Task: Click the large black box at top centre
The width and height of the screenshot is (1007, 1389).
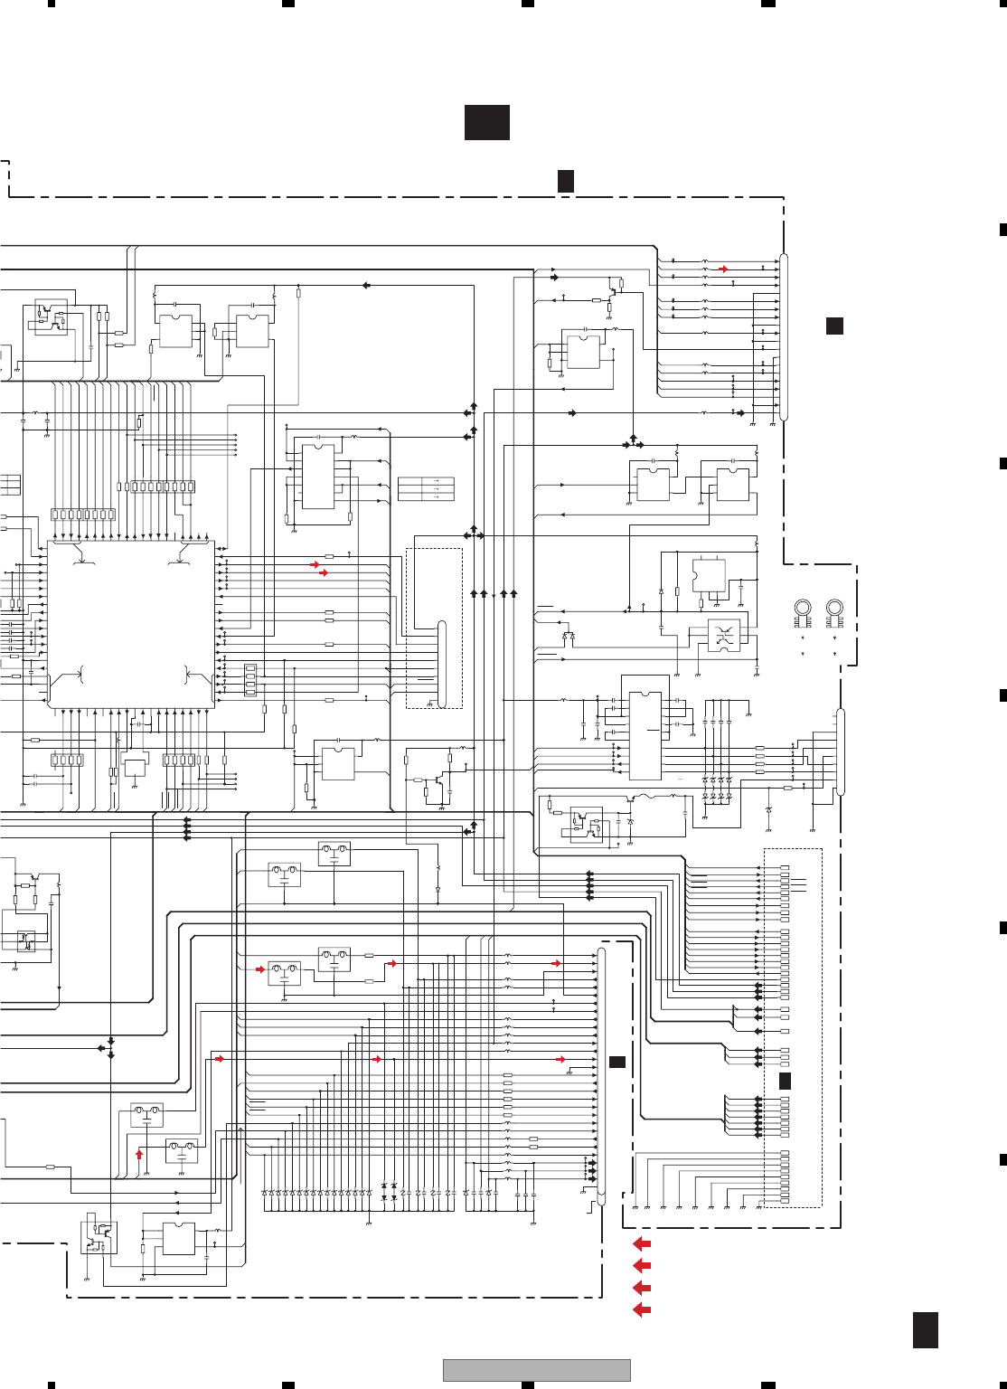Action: point(487,122)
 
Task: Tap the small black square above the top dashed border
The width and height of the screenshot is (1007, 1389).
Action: point(566,181)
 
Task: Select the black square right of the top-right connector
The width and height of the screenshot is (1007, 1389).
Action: point(834,326)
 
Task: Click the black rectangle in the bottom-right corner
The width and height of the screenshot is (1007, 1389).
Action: point(925,1330)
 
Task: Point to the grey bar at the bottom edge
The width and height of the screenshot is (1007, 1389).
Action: point(536,1370)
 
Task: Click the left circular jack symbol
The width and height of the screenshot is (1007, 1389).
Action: point(802,609)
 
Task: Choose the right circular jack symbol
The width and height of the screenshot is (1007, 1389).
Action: point(834,609)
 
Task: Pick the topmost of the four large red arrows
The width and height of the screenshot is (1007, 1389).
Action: point(642,1244)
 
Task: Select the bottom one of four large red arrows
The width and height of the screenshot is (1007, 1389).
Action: point(642,1309)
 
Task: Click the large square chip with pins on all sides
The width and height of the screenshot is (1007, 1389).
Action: point(131,624)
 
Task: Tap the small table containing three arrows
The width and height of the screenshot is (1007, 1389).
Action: point(426,489)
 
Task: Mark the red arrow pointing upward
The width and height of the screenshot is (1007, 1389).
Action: point(139,1154)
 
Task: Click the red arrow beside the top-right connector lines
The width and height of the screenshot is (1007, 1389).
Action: point(723,269)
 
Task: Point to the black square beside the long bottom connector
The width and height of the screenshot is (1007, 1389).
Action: point(617,1062)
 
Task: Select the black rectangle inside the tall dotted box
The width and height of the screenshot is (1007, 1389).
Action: point(785,1081)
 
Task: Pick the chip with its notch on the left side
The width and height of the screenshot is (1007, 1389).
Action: point(709,576)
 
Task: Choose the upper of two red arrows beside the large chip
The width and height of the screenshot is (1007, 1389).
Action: point(315,564)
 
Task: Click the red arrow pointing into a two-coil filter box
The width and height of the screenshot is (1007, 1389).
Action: point(260,969)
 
